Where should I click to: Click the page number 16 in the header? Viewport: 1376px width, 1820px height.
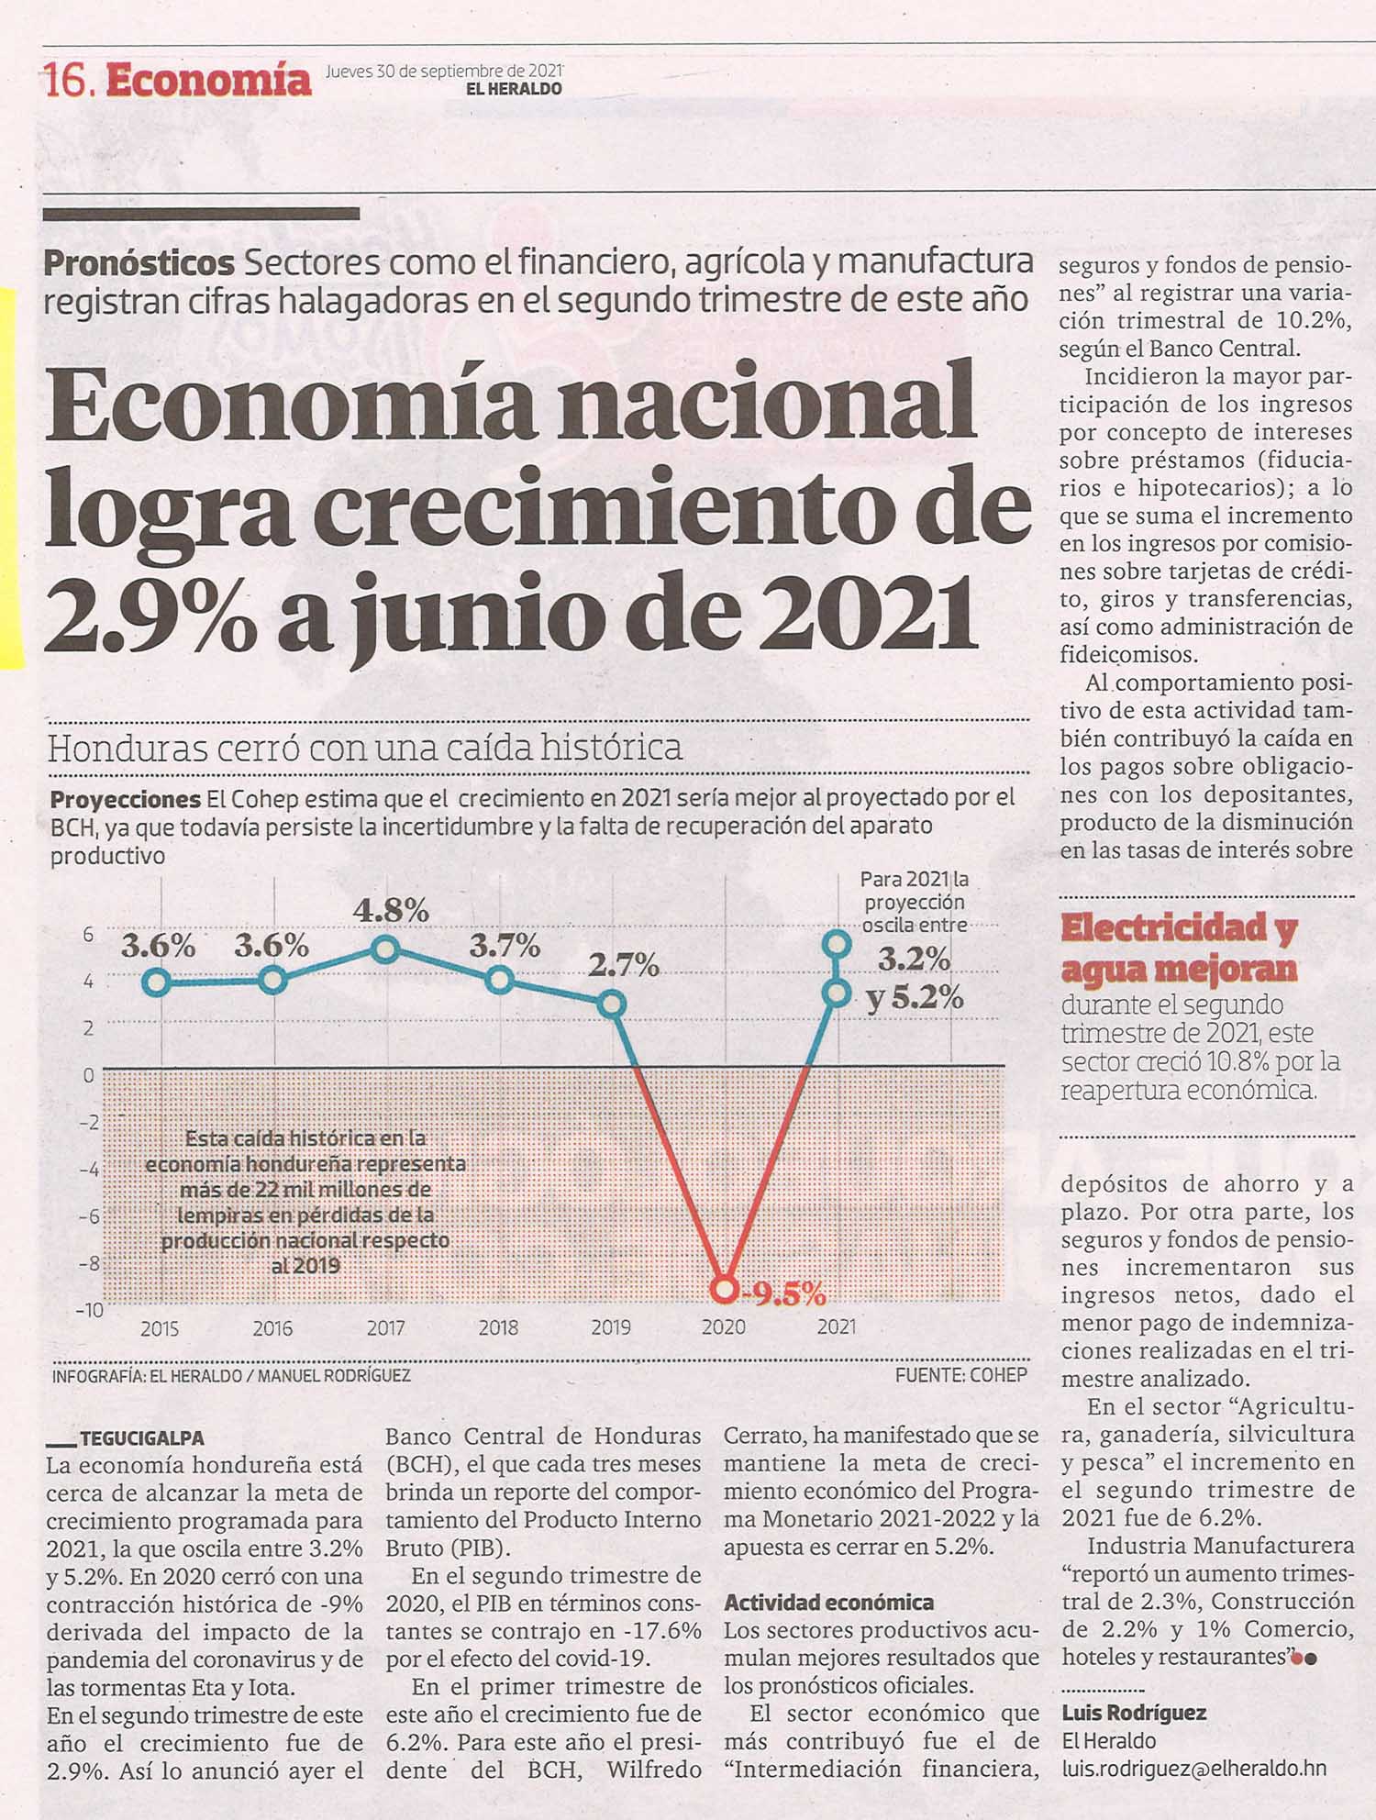[66, 82]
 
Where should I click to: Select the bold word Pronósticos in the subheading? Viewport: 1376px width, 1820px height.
[139, 263]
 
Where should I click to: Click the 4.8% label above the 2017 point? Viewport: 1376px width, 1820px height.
[392, 910]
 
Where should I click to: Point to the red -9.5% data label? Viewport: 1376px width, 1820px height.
[785, 1293]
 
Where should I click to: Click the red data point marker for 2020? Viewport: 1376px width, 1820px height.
[725, 1289]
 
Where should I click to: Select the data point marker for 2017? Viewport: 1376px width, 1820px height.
[386, 949]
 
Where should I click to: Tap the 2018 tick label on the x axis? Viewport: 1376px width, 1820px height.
[498, 1327]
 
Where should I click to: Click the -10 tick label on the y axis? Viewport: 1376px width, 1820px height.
[90, 1309]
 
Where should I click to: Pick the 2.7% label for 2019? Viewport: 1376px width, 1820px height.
[624, 965]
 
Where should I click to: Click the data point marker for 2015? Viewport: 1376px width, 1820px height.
[158, 982]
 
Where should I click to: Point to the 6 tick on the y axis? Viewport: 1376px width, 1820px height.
[89, 935]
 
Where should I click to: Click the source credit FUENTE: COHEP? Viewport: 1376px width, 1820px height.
[961, 1375]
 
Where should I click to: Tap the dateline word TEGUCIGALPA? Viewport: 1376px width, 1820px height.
[142, 1438]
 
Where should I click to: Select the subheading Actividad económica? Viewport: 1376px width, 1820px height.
[829, 1603]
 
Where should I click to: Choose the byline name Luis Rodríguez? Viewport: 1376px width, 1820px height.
[1134, 1713]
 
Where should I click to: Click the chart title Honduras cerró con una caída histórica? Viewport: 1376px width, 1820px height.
[365, 748]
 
